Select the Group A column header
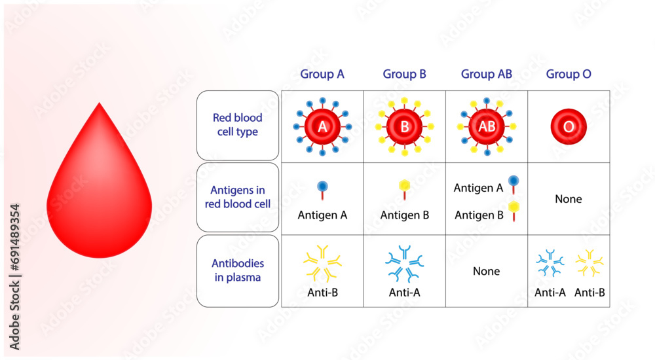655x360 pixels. (x=322, y=74)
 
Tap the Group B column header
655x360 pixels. (x=404, y=74)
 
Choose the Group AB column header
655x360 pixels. (x=487, y=74)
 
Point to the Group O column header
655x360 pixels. (x=569, y=74)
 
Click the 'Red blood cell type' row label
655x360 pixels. (x=237, y=125)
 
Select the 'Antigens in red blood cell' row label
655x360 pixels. (x=237, y=197)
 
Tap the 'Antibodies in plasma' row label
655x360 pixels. (x=237, y=270)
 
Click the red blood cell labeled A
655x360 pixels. (x=322, y=127)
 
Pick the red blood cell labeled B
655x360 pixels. (x=405, y=127)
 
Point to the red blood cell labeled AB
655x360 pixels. (x=487, y=127)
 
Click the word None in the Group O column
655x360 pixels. (x=568, y=199)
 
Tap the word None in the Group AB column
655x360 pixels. (x=486, y=271)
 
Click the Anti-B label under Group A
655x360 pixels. (x=322, y=292)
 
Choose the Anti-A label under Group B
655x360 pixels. (x=404, y=292)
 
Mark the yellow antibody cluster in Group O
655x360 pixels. (x=589, y=263)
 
